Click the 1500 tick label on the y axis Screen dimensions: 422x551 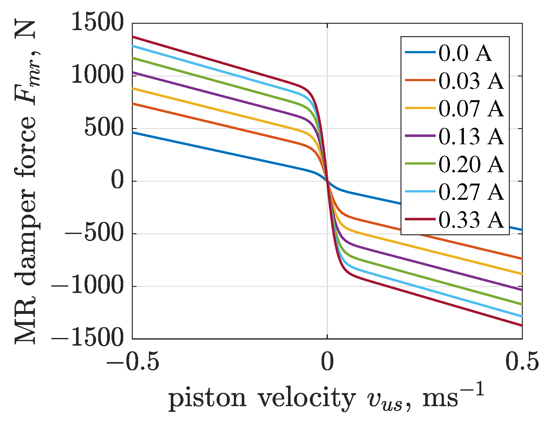pyautogui.click(x=97, y=23)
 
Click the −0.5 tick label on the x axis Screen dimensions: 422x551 pyautogui.click(x=132, y=362)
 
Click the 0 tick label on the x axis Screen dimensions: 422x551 pyautogui.click(x=327, y=362)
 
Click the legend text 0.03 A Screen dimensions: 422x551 pyautogui.click(x=471, y=81)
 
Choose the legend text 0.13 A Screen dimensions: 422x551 pyautogui.click(x=471, y=136)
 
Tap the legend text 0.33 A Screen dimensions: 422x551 pyautogui.click(x=471, y=220)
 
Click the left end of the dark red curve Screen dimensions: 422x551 pyautogui.click(x=133, y=37)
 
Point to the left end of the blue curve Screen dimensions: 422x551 pyautogui.click(x=133, y=133)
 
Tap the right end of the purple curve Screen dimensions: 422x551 pyautogui.click(x=521, y=290)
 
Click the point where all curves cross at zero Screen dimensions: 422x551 pyautogui.click(x=327, y=181)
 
